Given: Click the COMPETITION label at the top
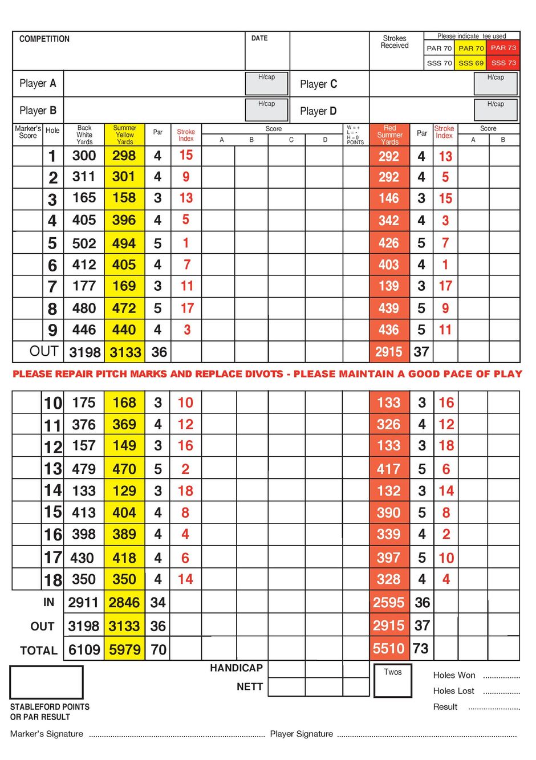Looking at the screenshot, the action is [x=44, y=39].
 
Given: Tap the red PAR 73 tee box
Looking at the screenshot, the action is [x=503, y=48].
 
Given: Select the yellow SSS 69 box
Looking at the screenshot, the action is [x=470, y=63].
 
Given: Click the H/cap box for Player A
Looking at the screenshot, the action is [x=266, y=83].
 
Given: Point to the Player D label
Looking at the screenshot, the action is [x=318, y=111].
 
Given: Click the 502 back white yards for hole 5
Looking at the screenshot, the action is [x=84, y=243].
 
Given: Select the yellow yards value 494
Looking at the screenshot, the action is [x=124, y=243].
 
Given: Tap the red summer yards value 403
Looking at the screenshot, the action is [x=388, y=265].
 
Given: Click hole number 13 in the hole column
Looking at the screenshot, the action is [x=53, y=469].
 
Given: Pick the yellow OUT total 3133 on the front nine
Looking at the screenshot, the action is [x=125, y=352].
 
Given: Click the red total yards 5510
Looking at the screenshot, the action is [x=388, y=648].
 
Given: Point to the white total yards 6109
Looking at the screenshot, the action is [x=84, y=649].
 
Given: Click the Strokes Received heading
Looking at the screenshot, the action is [x=395, y=42].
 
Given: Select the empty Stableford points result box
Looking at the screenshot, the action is [x=46, y=682].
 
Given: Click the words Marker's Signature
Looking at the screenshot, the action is [x=47, y=734].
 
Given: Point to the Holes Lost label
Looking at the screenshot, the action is [x=453, y=691].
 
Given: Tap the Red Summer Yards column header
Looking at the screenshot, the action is [x=389, y=135].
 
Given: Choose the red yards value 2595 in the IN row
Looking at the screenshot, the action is [x=388, y=603].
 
